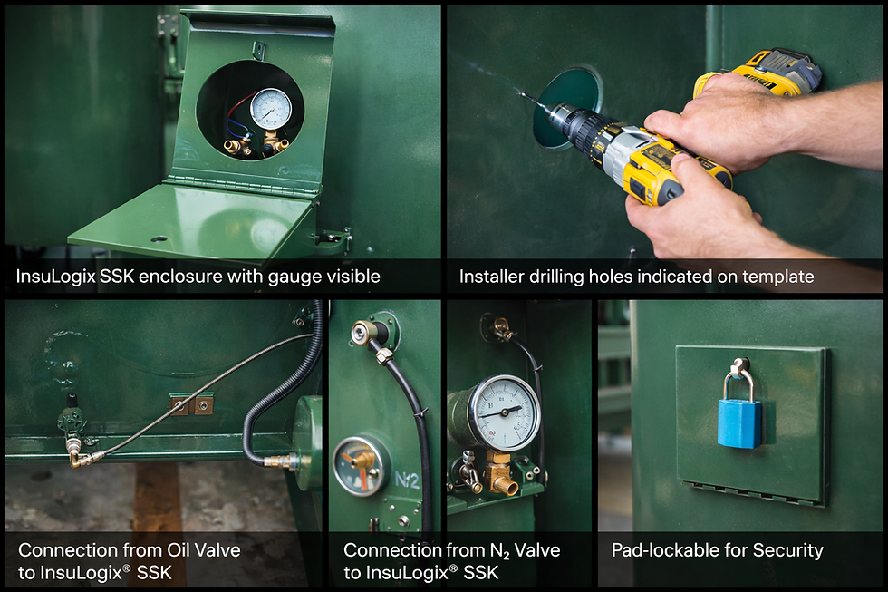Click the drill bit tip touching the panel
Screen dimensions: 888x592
coord(523,94)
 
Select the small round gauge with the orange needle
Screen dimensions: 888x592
coord(361,465)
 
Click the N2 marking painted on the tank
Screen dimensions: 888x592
coord(407,480)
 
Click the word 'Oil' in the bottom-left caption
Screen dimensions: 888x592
coord(179,549)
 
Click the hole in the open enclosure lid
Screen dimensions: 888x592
coord(159,239)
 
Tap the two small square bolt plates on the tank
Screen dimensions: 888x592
coord(191,405)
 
